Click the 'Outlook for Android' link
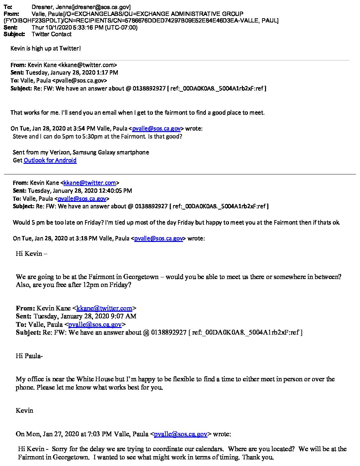pos(50,160)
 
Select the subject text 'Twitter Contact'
pos(52,34)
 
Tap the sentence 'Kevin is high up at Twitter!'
pos(46,48)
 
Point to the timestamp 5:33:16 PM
pos(86,27)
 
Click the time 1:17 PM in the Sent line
pos(108,72)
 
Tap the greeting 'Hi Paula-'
pos(29,356)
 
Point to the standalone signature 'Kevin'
pos(24,410)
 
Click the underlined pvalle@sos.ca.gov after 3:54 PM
pos(157,129)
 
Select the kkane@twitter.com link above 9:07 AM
pos(104,308)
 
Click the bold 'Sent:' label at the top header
pos(10,27)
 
